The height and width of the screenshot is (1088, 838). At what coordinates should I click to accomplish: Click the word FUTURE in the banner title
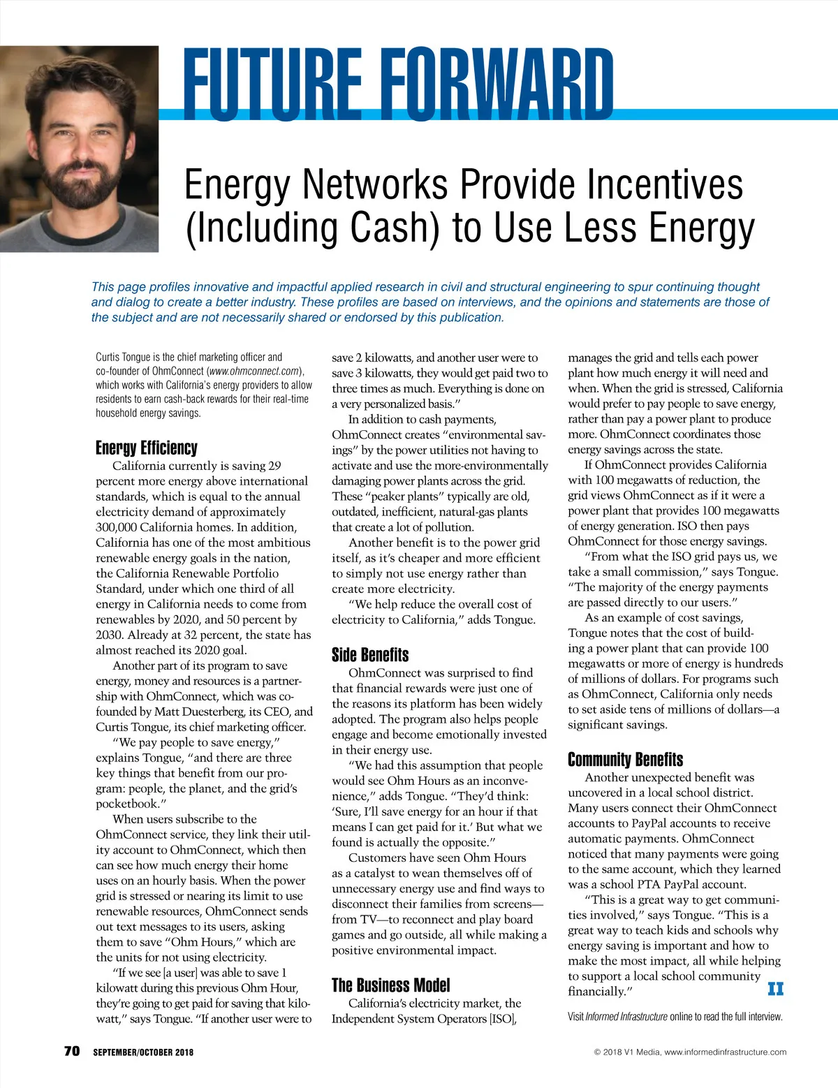(x=273, y=84)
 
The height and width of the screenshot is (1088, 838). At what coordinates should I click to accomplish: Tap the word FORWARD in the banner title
(x=500, y=84)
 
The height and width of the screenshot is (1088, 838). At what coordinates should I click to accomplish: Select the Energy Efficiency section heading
(x=147, y=448)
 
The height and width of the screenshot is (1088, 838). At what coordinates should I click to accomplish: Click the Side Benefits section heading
(x=370, y=655)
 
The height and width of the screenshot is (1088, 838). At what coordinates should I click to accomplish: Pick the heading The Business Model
(x=391, y=985)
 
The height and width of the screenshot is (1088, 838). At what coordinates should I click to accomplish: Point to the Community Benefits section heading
(x=625, y=760)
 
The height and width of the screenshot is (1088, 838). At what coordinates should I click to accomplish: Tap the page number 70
(x=72, y=1051)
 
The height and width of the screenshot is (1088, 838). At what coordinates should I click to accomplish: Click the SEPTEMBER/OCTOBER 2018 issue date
(x=143, y=1052)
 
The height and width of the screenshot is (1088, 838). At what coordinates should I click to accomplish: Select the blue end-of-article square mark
(x=775, y=989)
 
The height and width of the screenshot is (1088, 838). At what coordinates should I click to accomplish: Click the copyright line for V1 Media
(x=690, y=1052)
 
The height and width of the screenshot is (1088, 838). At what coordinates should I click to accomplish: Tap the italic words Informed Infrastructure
(x=626, y=1017)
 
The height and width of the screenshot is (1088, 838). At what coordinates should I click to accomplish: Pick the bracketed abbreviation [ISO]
(x=502, y=1019)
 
